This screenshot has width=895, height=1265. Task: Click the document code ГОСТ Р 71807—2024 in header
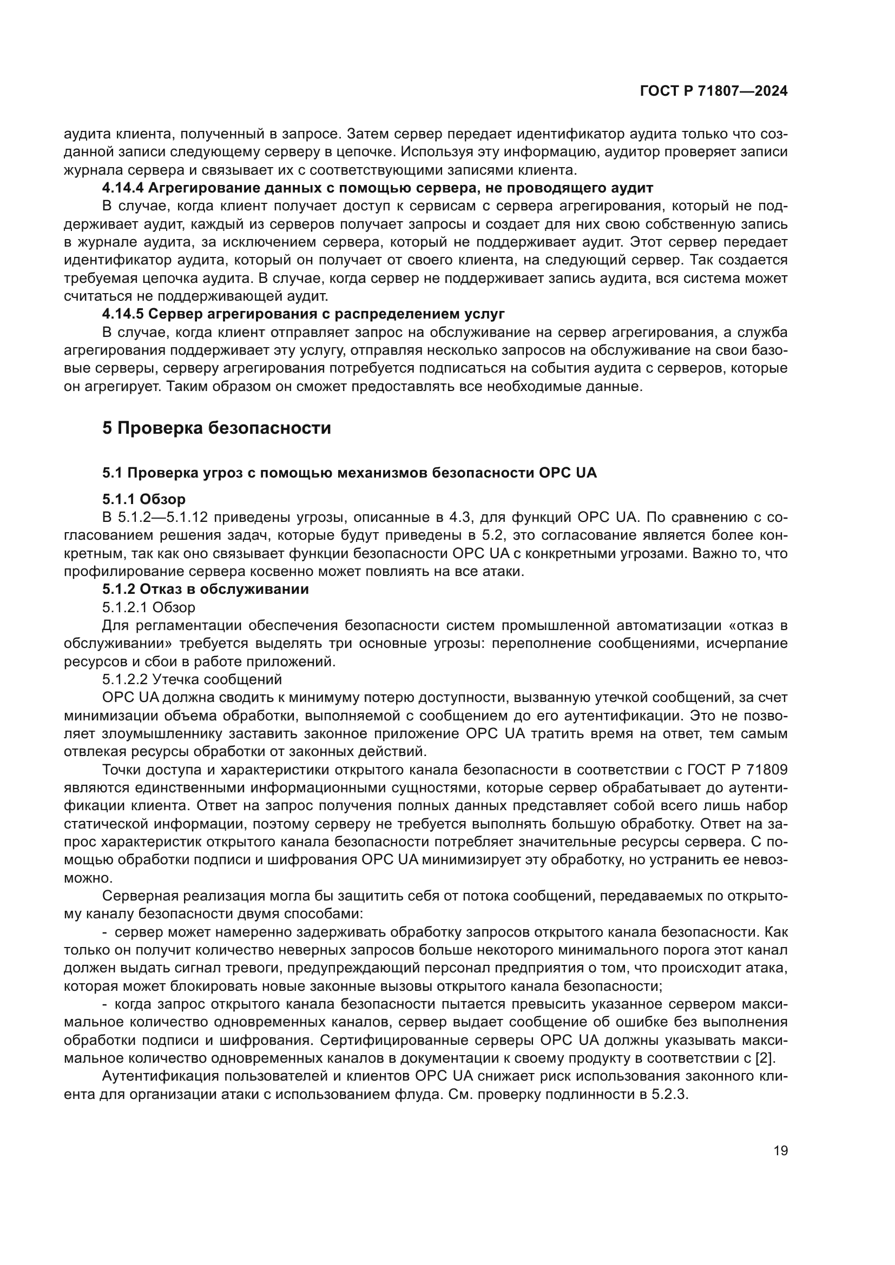pos(714,91)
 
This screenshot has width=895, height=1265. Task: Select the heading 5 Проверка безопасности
pos(216,428)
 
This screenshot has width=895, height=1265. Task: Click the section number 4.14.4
pos(123,188)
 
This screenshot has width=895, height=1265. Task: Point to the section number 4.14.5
pos(123,314)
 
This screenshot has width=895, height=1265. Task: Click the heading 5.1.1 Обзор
pos(144,499)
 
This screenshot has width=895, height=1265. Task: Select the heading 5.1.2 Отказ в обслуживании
pos(206,589)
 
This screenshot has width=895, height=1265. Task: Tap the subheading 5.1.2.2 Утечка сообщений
pos(192,679)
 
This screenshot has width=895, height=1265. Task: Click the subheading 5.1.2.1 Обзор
pos(149,607)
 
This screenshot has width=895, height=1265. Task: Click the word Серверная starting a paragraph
pos(138,896)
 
